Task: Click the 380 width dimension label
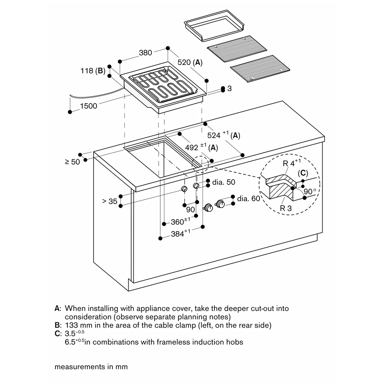146,53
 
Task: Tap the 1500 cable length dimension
89,105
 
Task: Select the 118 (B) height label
93,71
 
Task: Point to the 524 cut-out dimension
214,135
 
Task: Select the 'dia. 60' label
249,199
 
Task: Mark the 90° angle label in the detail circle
310,191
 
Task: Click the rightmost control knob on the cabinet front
221,204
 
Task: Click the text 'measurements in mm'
91,367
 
